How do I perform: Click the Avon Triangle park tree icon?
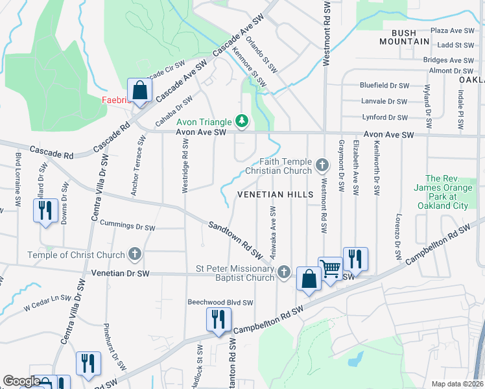[242, 121]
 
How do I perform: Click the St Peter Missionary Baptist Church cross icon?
[283, 272]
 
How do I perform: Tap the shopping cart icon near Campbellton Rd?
[331, 267]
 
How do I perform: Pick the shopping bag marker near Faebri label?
[139, 90]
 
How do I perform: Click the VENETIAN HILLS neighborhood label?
[276, 194]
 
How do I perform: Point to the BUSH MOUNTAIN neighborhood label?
[410, 36]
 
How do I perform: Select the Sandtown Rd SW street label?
[235, 238]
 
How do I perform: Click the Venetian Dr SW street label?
[121, 274]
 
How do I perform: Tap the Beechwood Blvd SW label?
[220, 302]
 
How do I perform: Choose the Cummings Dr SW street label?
[128, 228]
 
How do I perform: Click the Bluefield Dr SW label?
[384, 86]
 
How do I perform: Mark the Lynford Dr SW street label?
[385, 117]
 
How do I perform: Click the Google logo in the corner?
[21, 381]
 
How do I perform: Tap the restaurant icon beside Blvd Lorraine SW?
[45, 211]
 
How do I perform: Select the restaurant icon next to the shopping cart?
[355, 259]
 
